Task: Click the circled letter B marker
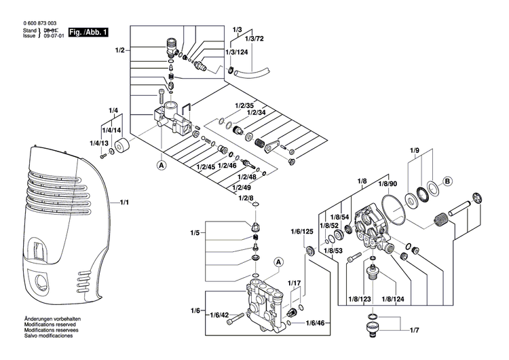[447, 181]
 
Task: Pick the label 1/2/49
[241, 187]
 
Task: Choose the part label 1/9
[415, 150]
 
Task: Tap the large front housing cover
[64, 224]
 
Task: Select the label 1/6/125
[302, 232]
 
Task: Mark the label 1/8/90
[388, 184]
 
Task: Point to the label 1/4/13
[99, 143]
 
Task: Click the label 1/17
[294, 283]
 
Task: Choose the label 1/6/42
[219, 315]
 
